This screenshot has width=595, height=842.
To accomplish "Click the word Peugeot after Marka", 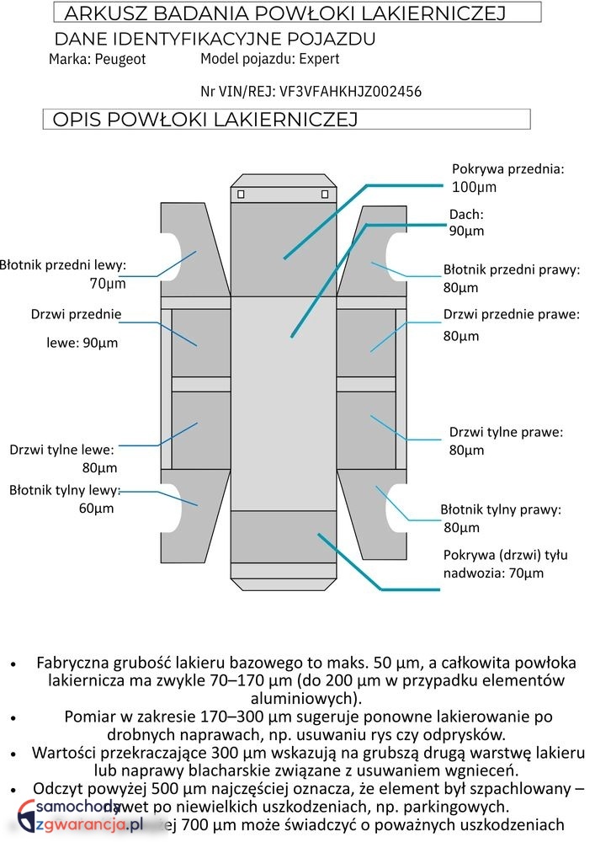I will point(120,60).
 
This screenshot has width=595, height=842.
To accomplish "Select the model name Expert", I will point(316,59).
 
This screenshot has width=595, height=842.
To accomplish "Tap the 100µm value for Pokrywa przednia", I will point(475,186).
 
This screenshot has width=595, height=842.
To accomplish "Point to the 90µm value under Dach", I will point(466,231).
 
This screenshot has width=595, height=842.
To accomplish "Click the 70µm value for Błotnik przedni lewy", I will point(108,284).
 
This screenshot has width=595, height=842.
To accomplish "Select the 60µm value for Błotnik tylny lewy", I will point(97,509).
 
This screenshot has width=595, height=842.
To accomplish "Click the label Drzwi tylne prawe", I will point(506,432).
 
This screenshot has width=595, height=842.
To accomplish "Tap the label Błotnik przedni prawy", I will point(512,270).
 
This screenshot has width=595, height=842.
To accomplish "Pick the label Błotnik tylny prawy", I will point(501,509).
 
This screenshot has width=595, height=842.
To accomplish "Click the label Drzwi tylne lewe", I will point(61,450).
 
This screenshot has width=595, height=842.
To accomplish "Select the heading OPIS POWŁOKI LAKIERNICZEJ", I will point(205,120).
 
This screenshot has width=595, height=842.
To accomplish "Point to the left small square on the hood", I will point(241,195).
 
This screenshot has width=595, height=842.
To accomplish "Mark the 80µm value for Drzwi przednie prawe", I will point(461,336).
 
